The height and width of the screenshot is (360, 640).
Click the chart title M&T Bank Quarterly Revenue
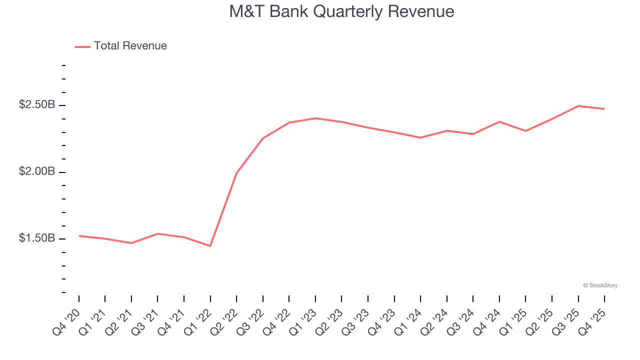coord(341,11)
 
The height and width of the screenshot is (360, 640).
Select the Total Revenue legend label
coord(130,46)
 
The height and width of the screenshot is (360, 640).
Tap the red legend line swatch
coord(82,46)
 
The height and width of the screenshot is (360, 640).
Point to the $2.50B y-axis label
coord(36,105)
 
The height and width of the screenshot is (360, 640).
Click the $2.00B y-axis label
coord(36,172)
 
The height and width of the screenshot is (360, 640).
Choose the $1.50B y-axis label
coord(36,238)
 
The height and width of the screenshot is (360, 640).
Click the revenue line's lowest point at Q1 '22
coord(210,245)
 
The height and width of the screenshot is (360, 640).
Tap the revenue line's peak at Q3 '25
coord(578,106)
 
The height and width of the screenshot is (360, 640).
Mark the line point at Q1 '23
coord(315,118)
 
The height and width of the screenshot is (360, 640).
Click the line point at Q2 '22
coord(236,173)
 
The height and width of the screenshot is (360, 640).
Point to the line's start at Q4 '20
coord(79,235)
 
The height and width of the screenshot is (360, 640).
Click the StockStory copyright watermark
coord(600,285)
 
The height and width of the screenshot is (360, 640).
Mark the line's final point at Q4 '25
coord(604,108)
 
